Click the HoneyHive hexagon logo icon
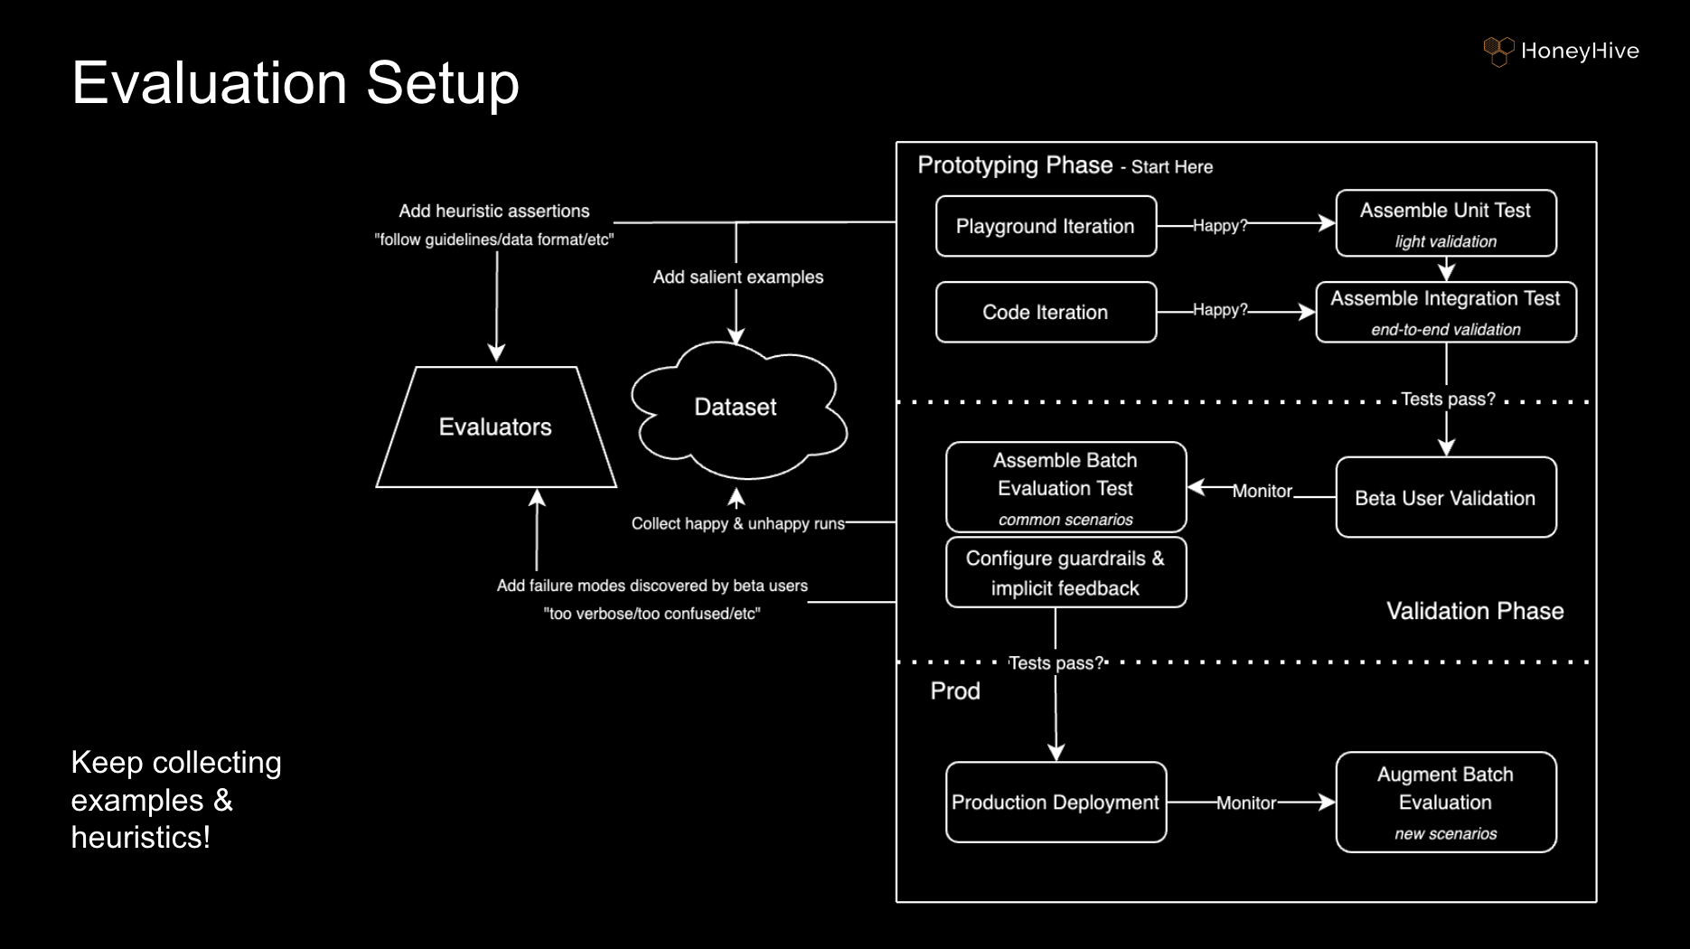[x=1498, y=52]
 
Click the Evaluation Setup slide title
[x=296, y=82]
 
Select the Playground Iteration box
[x=1046, y=226]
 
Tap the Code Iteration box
[x=1046, y=312]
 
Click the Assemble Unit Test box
[x=1446, y=223]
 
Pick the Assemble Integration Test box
[x=1446, y=312]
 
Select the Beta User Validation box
[x=1446, y=497]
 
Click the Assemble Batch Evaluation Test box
[x=1066, y=487]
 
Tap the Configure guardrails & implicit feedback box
[x=1066, y=572]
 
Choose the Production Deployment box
[x=1056, y=803]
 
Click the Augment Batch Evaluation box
[x=1446, y=802]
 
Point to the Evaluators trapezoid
[x=496, y=427]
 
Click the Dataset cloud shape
[x=738, y=409]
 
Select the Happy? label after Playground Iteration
[x=1220, y=225]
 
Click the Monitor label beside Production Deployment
[x=1246, y=803]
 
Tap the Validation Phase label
[x=1475, y=611]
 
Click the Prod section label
[x=955, y=691]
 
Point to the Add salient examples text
[x=738, y=277]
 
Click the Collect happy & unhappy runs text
[x=737, y=523]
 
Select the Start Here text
[x=1172, y=167]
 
